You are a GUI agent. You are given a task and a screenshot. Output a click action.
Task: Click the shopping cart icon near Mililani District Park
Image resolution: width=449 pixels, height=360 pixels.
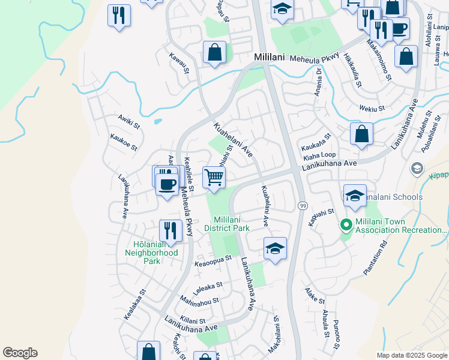[214, 177]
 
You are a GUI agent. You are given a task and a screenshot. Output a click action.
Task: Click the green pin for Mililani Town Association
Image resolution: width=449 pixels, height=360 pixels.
[346, 226]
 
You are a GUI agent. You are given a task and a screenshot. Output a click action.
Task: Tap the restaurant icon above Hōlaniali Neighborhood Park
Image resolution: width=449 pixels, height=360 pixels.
[170, 230]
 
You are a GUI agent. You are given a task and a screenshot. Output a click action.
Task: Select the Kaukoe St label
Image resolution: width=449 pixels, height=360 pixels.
[124, 142]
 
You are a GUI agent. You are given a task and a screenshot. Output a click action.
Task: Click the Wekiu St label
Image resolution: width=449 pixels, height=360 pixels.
[372, 109]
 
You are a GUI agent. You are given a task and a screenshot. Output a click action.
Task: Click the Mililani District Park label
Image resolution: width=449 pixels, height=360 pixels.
[226, 224]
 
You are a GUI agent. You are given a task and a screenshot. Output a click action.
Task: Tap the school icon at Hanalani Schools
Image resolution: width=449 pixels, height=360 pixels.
[355, 197]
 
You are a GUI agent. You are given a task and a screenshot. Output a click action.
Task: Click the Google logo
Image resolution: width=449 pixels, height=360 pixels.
[20, 353]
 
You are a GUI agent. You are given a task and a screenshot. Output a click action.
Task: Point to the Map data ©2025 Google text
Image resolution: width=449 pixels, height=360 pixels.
[411, 355]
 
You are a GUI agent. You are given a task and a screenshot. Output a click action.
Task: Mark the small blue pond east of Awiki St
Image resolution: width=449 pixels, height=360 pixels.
[157, 121]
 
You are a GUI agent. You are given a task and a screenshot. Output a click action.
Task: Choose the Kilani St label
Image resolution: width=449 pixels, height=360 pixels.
[193, 322]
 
